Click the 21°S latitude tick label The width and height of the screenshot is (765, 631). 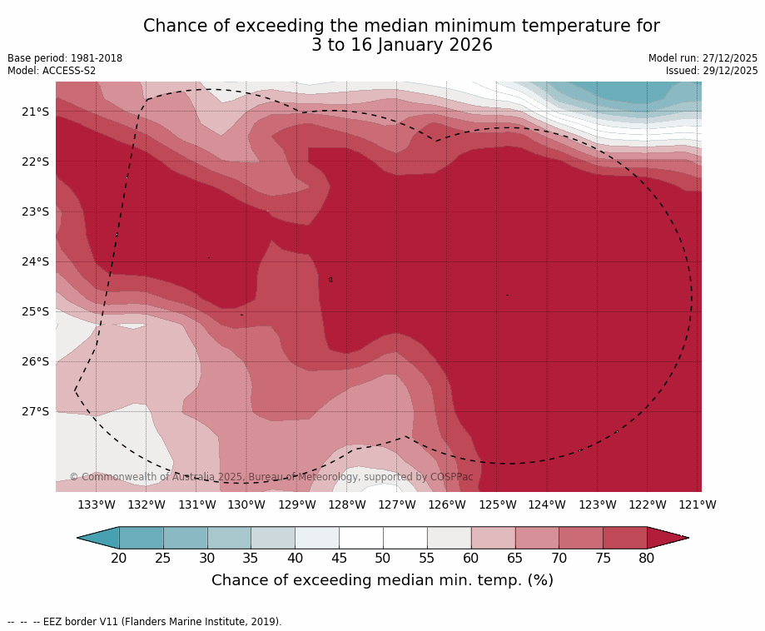[x=34, y=112]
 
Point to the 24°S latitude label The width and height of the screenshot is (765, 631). [x=34, y=261]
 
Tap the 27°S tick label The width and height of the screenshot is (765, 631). [x=34, y=411]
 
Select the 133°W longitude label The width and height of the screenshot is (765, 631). [x=97, y=504]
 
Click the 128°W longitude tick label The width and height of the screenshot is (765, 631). [x=347, y=504]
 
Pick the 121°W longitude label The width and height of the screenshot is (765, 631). [x=698, y=504]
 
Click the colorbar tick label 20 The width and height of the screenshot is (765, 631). [x=119, y=558]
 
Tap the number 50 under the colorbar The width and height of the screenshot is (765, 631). [x=383, y=558]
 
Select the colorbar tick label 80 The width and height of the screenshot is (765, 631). [x=647, y=558]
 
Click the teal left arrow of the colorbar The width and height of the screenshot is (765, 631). [x=101, y=538]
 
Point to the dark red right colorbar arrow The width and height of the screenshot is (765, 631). [x=665, y=538]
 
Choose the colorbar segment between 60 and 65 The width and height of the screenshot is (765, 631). [x=493, y=538]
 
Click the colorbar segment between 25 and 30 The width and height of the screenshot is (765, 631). [x=185, y=538]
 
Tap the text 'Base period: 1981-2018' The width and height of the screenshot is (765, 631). [x=65, y=58]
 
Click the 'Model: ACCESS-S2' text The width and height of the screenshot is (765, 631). [x=52, y=71]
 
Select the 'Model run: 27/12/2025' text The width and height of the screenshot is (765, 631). [x=703, y=58]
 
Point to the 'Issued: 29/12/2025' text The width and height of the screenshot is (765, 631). [x=712, y=71]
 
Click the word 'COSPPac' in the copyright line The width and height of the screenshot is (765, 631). [x=451, y=477]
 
